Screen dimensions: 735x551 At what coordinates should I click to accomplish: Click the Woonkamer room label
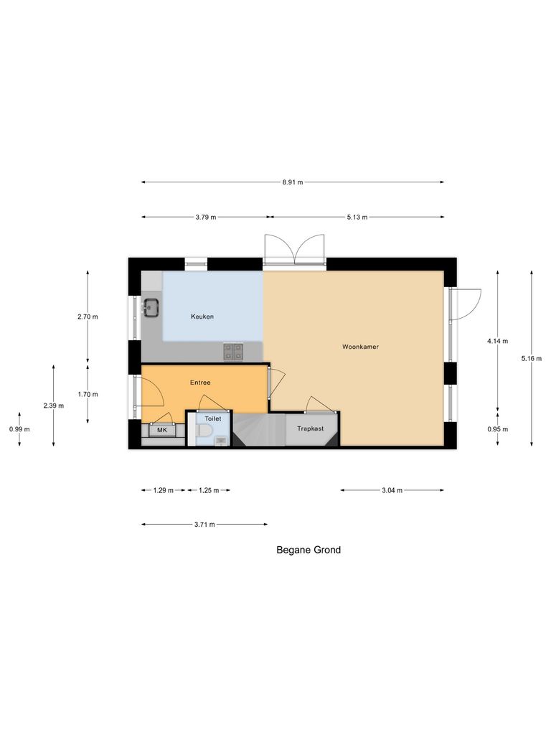pos(360,347)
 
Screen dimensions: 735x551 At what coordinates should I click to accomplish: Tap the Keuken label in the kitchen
pos(202,317)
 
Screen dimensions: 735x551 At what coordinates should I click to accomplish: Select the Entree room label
pos(200,383)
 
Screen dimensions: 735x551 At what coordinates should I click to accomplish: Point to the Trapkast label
pos(310,429)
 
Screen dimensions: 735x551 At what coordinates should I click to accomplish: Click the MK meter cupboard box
pos(162,430)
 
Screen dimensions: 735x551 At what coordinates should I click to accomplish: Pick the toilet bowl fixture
pos(204,431)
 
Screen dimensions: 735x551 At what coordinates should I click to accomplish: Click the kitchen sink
pos(151,308)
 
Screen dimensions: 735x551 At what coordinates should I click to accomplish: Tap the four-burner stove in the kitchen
pos(232,351)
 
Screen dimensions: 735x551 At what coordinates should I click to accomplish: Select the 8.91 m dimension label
pos(293,182)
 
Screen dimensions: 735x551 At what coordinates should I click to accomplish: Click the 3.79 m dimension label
pos(205,217)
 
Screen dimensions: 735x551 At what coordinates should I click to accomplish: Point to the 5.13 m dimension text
pos(357,217)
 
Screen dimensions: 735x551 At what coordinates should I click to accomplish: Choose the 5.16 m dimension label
pos(532,359)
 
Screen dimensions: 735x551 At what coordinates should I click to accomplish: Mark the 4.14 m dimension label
pos(497,341)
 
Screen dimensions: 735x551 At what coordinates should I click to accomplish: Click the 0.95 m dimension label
pos(497,429)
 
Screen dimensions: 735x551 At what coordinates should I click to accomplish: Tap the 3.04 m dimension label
pos(392,490)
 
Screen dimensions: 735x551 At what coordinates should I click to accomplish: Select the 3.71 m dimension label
pos(204,525)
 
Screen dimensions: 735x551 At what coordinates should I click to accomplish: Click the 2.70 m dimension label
pos(88,317)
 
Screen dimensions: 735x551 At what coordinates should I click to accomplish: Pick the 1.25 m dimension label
pos(209,490)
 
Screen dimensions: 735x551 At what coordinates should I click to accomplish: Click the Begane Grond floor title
pos(309,551)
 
